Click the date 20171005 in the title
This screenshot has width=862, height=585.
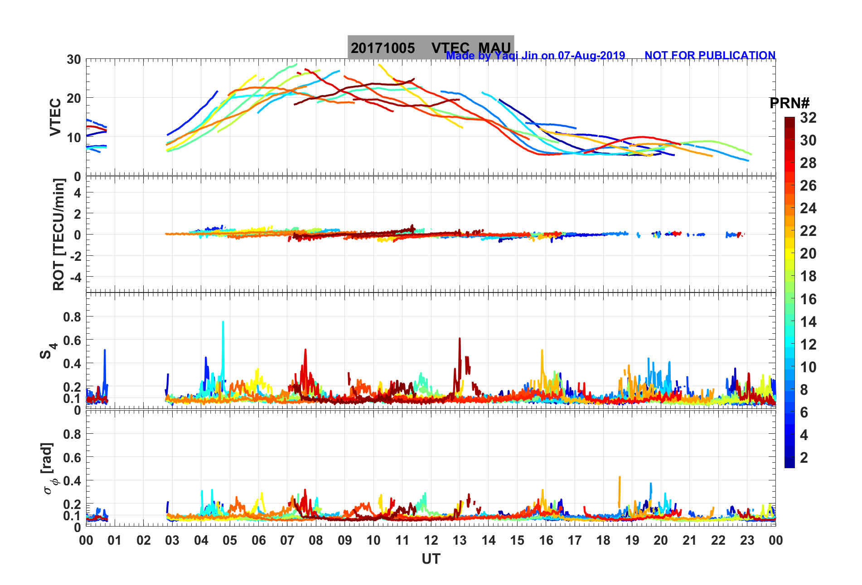coord(383,48)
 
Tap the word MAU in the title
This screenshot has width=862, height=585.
coord(494,48)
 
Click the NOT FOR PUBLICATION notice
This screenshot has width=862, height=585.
coord(710,55)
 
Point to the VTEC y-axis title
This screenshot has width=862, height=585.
coord(55,117)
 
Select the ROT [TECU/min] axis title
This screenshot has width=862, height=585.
coord(59,234)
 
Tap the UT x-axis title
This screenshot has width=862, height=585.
coord(431,559)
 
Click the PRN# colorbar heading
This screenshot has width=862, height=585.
coord(789,103)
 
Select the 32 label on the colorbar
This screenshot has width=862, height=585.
coord(808,118)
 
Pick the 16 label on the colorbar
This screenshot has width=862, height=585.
coord(808,299)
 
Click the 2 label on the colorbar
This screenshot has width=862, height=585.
coord(804,457)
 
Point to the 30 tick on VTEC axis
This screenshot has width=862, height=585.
coord(74,59)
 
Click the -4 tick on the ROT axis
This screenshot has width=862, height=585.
coord(75,277)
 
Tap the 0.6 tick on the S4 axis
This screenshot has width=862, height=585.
coord(72,340)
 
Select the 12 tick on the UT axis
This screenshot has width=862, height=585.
coord(431,540)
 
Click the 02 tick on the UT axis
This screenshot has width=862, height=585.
coord(144,540)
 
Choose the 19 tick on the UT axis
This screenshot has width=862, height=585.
coord(632,540)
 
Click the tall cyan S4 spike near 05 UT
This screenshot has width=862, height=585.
coord(223,322)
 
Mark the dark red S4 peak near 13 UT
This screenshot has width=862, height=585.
coord(460,339)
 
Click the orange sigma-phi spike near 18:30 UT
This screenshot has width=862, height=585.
coord(620,478)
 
